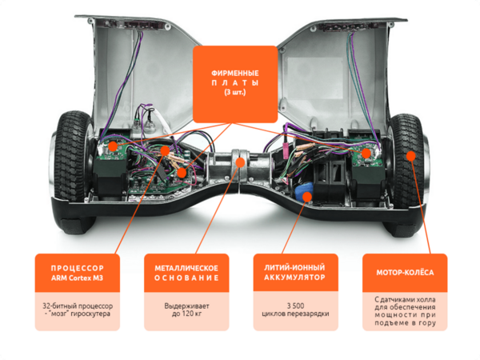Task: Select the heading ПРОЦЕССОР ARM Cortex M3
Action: click(77, 272)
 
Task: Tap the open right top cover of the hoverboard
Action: click(336, 64)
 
